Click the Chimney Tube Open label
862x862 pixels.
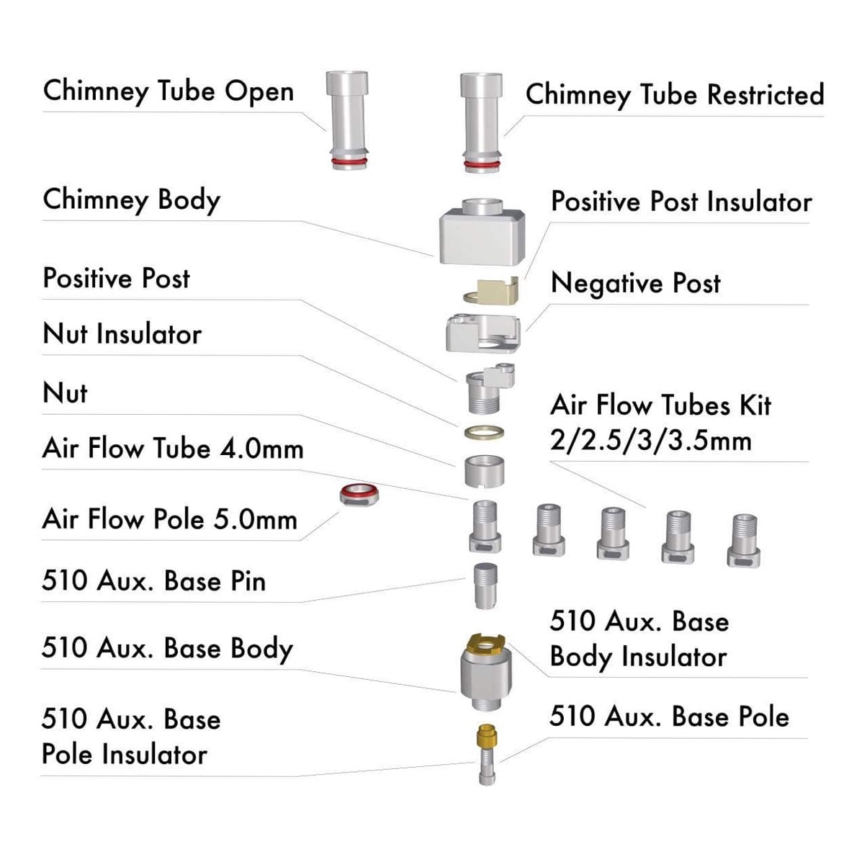168,91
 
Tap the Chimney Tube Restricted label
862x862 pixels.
674,94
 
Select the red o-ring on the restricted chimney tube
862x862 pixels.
481,166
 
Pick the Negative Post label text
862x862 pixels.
635,283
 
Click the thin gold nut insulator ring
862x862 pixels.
484,433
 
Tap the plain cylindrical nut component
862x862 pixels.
484,470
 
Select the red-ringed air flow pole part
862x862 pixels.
360,495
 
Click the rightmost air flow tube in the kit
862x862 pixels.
743,540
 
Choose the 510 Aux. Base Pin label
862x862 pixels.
153,580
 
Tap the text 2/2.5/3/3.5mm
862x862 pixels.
650,440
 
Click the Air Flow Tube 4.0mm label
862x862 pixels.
173,449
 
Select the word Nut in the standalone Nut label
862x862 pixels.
65,393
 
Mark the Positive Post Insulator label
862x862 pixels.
681,202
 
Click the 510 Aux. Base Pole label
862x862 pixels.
669,717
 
